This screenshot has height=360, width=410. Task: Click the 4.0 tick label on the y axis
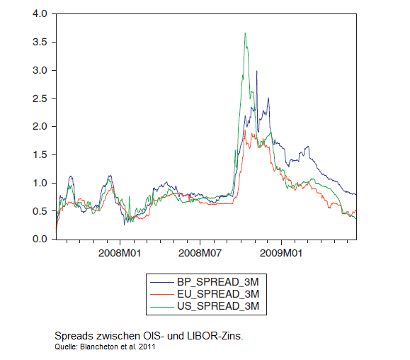click(40, 13)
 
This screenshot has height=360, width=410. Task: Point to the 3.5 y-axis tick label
click(40, 42)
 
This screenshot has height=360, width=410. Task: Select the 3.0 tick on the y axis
click(40, 70)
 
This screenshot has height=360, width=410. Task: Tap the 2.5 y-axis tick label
click(40, 99)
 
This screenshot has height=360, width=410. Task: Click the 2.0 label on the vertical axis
click(40, 126)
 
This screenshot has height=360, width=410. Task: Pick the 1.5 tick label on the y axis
click(40, 154)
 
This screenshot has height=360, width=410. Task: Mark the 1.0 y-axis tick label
click(40, 183)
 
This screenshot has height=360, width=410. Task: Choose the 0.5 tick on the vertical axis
click(40, 211)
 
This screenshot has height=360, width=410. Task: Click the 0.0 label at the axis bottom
click(40, 240)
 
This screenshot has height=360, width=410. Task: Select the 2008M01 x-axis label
click(119, 253)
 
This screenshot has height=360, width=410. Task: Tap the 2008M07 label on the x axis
click(200, 253)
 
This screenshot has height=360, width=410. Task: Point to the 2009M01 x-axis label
click(281, 253)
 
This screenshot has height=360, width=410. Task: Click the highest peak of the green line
click(244, 33)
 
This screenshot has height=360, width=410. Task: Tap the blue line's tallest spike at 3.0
click(257, 71)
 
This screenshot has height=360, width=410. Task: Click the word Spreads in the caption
click(74, 335)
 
